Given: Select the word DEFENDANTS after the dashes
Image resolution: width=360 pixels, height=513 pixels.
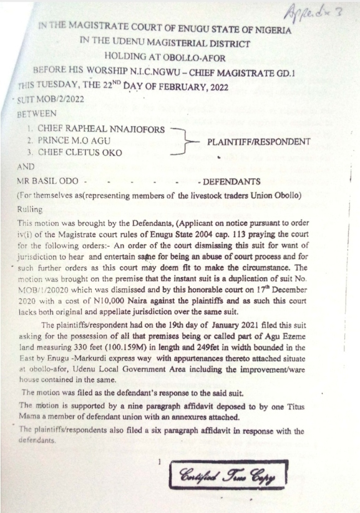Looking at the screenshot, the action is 231,182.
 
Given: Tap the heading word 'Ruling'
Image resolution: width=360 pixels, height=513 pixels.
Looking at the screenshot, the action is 31,210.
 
